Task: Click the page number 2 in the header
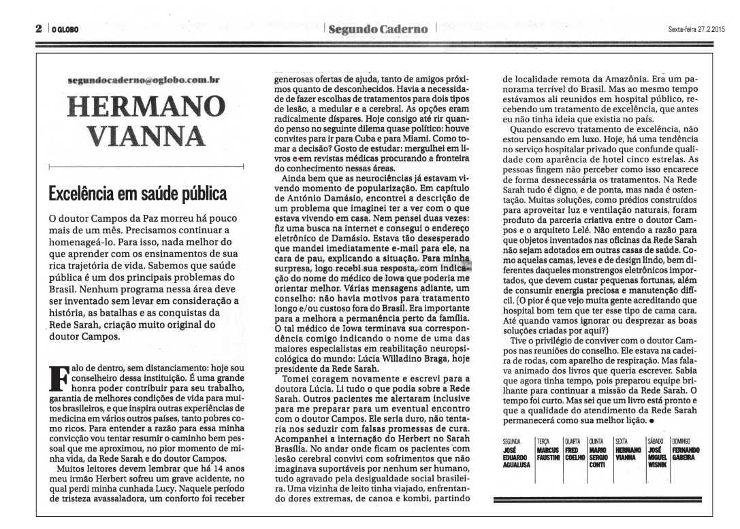[39, 30]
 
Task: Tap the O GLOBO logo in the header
[65, 31]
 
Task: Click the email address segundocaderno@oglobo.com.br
[144, 80]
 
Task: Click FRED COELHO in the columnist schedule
[575, 454]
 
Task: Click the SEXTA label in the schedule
[623, 441]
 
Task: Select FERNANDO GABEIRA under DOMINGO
[687, 454]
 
